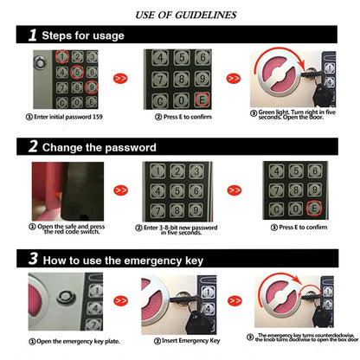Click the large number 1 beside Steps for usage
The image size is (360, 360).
click(33, 35)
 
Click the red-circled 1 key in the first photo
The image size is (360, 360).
click(61, 56)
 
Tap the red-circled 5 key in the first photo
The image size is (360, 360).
click(77, 72)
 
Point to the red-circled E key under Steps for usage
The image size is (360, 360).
click(202, 100)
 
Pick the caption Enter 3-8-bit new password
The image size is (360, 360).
click(180, 229)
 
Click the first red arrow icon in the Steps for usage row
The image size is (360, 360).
click(121, 78)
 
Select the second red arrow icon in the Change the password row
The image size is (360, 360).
click(234, 189)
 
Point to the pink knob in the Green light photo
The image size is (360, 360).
click(279, 76)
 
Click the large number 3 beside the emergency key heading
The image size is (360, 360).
click(33, 258)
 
